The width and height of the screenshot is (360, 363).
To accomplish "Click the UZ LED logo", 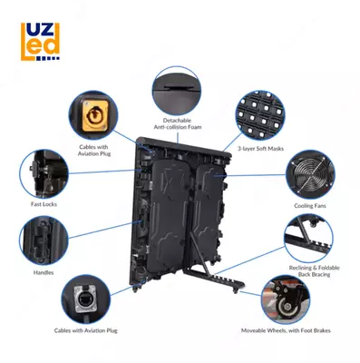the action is (40, 42).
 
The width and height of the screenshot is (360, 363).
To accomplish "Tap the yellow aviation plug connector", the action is (95, 116).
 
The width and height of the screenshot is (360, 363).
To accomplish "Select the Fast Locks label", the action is (44, 204).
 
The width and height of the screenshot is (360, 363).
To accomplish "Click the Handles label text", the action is (44, 272).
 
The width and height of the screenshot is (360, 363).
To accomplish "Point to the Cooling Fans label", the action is (310, 206).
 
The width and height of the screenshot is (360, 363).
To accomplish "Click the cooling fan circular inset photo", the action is (310, 174).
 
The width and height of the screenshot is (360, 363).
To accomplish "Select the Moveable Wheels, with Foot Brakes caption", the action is (286, 330).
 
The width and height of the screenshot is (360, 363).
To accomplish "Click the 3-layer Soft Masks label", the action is (260, 149).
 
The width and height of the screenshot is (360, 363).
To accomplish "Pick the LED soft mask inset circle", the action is (260, 115).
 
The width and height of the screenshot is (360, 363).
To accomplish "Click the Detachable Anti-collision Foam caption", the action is (178, 123).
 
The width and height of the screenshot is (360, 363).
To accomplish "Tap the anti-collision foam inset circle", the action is (177, 91).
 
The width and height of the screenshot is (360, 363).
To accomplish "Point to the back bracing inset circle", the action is (308, 238).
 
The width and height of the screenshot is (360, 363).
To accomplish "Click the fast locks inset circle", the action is (44, 174).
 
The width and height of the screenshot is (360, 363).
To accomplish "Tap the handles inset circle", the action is (44, 240).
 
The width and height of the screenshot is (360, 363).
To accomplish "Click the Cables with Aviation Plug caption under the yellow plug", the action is (94, 151).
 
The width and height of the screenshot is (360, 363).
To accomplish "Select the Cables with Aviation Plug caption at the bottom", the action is (85, 330).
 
